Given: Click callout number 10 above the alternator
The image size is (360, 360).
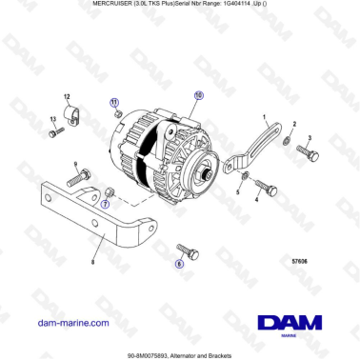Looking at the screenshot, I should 198,95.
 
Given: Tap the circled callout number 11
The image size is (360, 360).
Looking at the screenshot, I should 114,101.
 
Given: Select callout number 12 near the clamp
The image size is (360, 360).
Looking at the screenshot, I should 68,98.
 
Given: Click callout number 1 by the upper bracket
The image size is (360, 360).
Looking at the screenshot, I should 264,115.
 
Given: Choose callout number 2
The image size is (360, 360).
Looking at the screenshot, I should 295,125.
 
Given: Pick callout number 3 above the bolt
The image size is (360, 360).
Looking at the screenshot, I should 309,138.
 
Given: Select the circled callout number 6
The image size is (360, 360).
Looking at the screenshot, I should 178,259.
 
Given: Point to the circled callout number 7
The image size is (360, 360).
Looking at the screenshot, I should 106,203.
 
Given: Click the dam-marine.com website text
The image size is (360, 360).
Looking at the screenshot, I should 70,323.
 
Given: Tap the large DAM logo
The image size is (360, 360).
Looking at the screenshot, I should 288,324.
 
